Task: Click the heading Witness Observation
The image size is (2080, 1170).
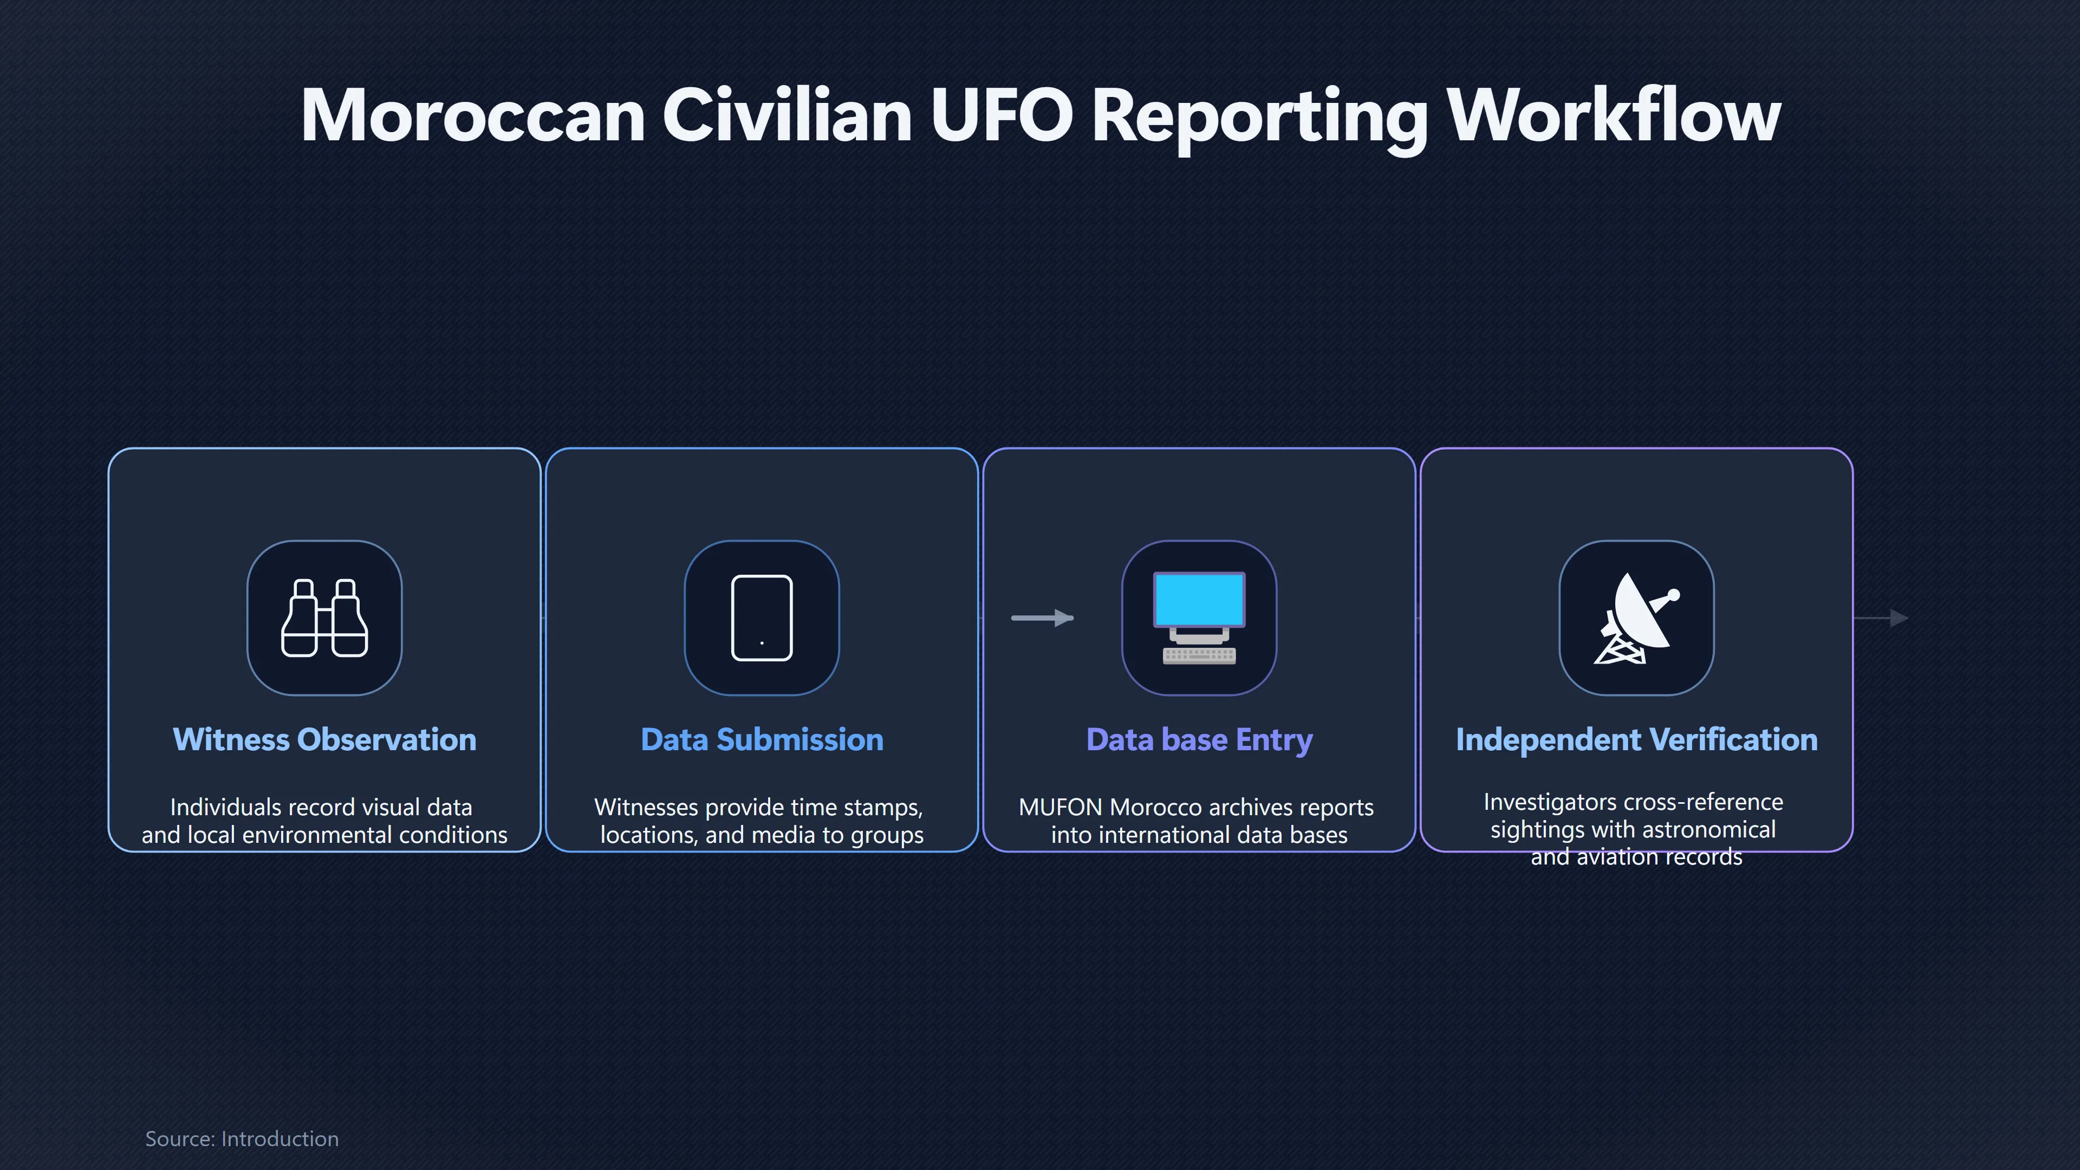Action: pos(324,739)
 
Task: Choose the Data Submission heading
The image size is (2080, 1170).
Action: pos(762,739)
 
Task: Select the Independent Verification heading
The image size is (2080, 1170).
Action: pos(1637,739)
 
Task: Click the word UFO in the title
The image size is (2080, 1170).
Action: pos(1001,115)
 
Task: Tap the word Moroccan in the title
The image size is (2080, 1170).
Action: pos(472,115)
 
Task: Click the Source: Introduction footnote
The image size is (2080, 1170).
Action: pos(242,1139)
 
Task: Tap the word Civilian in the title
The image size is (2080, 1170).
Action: pos(787,115)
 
